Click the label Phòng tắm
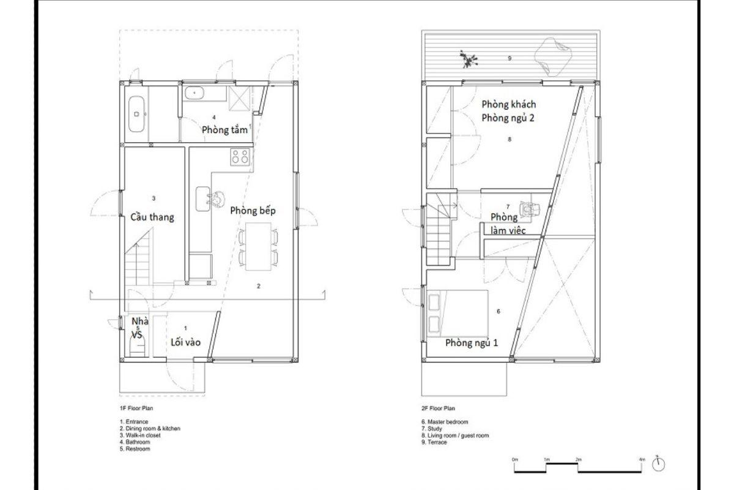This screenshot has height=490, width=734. click(x=224, y=130)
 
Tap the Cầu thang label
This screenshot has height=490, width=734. click(x=152, y=217)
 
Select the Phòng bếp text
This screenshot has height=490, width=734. click(x=253, y=211)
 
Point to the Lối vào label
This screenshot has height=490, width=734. click(x=185, y=342)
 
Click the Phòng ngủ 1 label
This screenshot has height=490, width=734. click(x=472, y=343)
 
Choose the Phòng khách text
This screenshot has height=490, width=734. click(x=508, y=104)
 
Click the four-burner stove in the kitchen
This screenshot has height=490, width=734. click(x=240, y=157)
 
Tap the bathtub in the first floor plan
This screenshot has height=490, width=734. click(x=136, y=114)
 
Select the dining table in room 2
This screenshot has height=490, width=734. click(x=259, y=246)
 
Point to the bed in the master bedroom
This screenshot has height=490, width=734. click(x=458, y=313)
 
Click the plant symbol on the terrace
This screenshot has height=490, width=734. click(x=469, y=59)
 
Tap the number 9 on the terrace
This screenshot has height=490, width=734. click(x=510, y=58)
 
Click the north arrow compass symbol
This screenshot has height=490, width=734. click(x=658, y=464)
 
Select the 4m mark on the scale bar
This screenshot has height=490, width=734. click(x=642, y=459)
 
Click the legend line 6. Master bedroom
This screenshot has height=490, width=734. click(x=445, y=422)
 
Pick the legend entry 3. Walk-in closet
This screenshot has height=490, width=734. click(x=140, y=435)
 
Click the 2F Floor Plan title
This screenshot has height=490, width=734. click(x=438, y=409)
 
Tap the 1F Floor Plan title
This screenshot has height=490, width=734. click(x=136, y=409)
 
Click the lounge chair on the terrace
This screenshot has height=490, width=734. click(x=553, y=57)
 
